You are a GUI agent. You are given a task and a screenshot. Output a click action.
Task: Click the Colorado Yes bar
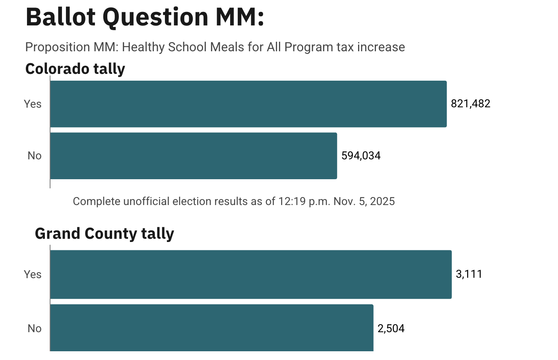(x=248, y=104)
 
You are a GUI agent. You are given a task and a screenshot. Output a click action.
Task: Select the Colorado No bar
(x=194, y=156)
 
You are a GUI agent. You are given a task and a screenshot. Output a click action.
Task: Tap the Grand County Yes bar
(x=251, y=274)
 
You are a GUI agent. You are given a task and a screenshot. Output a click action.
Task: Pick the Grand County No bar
(x=212, y=328)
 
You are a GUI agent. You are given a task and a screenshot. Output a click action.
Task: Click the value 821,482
(x=471, y=104)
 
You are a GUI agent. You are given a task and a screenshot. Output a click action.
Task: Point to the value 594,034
(x=361, y=156)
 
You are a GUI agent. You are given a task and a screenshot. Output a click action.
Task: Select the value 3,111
(x=469, y=274)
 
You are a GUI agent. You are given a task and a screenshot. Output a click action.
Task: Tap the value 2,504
(x=391, y=329)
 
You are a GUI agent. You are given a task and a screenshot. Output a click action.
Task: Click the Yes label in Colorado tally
(x=33, y=104)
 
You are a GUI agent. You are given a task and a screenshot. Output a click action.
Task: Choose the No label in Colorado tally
(x=35, y=156)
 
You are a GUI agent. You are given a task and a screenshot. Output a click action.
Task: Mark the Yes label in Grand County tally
(x=33, y=275)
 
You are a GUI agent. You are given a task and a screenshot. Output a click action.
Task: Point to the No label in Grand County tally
(x=35, y=329)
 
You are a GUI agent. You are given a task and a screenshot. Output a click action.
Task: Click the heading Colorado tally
(x=75, y=69)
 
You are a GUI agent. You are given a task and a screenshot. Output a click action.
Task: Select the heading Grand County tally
(x=105, y=234)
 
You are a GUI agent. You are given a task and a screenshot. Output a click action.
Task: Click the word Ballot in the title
(x=60, y=17)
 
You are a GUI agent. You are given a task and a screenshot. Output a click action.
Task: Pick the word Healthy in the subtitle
(x=143, y=47)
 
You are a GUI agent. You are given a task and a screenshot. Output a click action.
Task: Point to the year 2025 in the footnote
(x=382, y=201)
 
